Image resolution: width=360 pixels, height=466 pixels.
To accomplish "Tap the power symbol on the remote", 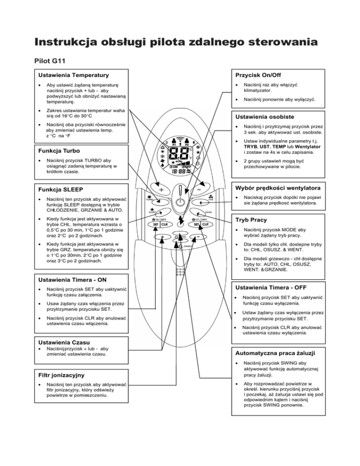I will [x=180, y=205].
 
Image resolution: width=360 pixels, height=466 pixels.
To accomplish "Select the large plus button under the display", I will [x=161, y=190].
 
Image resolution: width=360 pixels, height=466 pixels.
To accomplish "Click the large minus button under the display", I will [x=199, y=190].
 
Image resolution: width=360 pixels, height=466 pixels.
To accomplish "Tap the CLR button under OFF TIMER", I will [x=205, y=224].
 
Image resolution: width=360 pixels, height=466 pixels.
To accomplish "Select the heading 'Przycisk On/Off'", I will [x=259, y=75].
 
